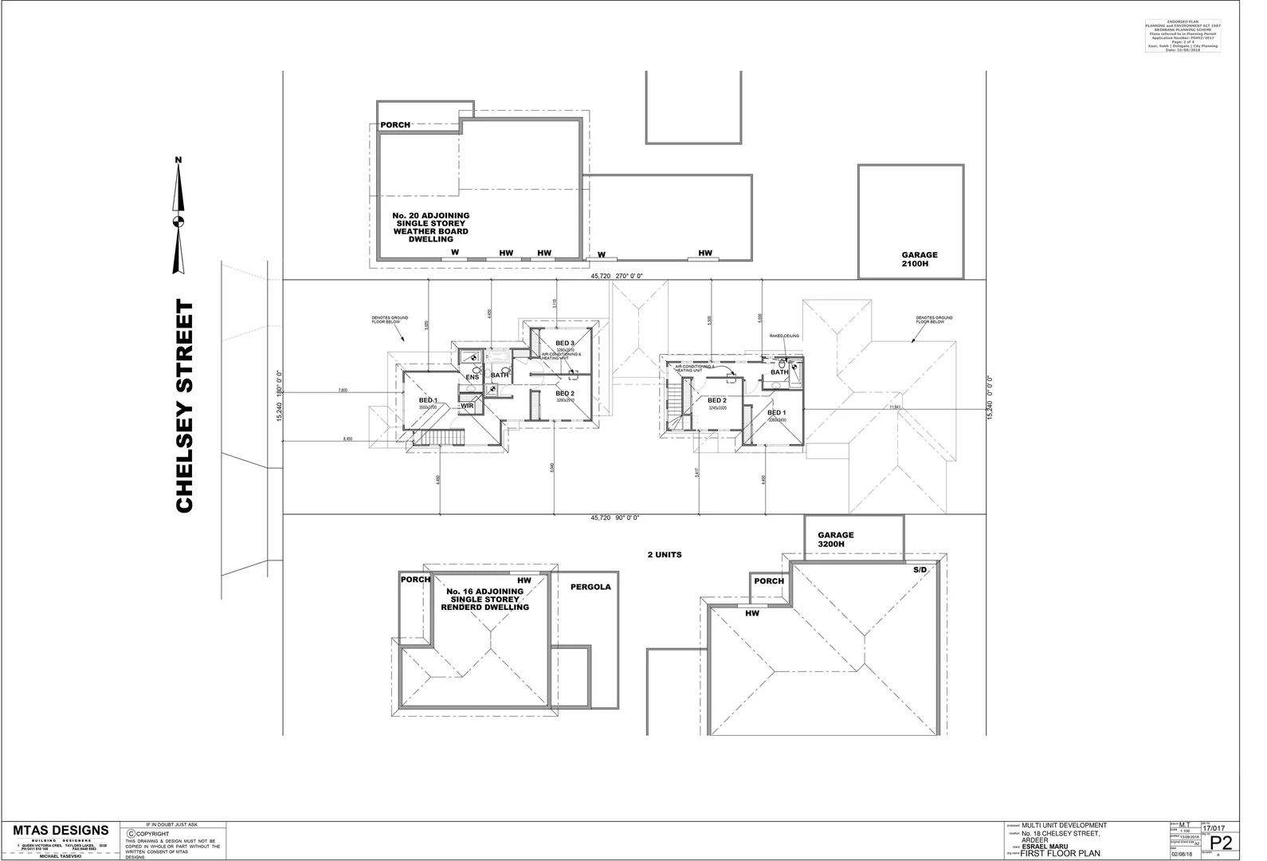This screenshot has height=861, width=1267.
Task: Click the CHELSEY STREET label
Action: click(184, 407)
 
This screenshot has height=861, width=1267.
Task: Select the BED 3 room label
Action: click(565, 343)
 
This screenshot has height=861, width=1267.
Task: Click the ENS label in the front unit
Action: click(473, 377)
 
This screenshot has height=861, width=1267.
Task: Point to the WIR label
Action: click(468, 406)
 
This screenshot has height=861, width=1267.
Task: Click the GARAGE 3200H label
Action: click(835, 540)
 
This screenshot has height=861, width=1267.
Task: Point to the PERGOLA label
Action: click(590, 587)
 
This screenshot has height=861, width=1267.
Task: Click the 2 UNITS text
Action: click(664, 554)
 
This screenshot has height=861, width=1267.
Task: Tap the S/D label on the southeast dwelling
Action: click(920, 571)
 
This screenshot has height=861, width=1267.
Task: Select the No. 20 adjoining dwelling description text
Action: click(431, 227)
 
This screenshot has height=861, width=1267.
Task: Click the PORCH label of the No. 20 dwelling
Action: click(395, 125)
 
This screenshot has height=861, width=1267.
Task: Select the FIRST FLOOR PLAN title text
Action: click(1061, 853)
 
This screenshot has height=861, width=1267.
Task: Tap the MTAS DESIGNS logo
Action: click(61, 831)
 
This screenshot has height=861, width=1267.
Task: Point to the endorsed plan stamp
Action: click(1183, 37)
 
